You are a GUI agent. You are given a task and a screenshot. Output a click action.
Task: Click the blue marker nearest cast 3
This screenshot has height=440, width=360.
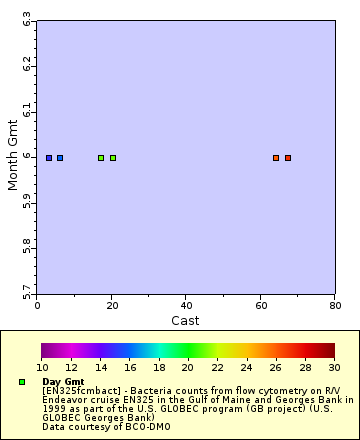click(49, 158)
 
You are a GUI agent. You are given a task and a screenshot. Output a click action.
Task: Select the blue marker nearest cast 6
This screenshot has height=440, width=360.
click(60, 158)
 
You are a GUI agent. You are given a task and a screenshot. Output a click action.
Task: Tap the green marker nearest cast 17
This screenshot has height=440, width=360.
click(101, 158)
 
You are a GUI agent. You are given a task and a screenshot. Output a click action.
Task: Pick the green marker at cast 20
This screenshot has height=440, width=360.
click(113, 158)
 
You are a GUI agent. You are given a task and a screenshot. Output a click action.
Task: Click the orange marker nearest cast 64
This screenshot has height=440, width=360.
click(276, 158)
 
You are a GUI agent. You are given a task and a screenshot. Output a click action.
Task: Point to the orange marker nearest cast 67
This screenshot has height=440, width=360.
click(288, 158)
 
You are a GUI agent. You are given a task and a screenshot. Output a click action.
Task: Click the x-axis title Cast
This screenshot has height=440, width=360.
click(186, 320)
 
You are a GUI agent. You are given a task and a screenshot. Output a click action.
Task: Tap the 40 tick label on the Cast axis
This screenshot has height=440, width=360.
click(186, 305)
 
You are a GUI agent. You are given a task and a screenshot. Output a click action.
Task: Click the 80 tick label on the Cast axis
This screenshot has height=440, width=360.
click(334, 305)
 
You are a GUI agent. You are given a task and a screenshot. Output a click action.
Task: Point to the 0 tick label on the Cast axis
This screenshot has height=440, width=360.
click(38, 305)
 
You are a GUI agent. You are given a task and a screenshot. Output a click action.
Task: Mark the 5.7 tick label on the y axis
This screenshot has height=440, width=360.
click(26, 292)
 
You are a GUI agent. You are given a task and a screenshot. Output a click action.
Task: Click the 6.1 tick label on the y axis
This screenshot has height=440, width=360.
click(26, 111)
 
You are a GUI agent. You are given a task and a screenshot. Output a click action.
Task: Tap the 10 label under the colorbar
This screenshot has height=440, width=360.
click(42, 368)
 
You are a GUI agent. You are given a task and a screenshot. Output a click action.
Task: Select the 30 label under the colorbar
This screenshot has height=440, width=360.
click(333, 368)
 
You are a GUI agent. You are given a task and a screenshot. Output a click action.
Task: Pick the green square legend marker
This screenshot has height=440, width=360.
click(22, 382)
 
